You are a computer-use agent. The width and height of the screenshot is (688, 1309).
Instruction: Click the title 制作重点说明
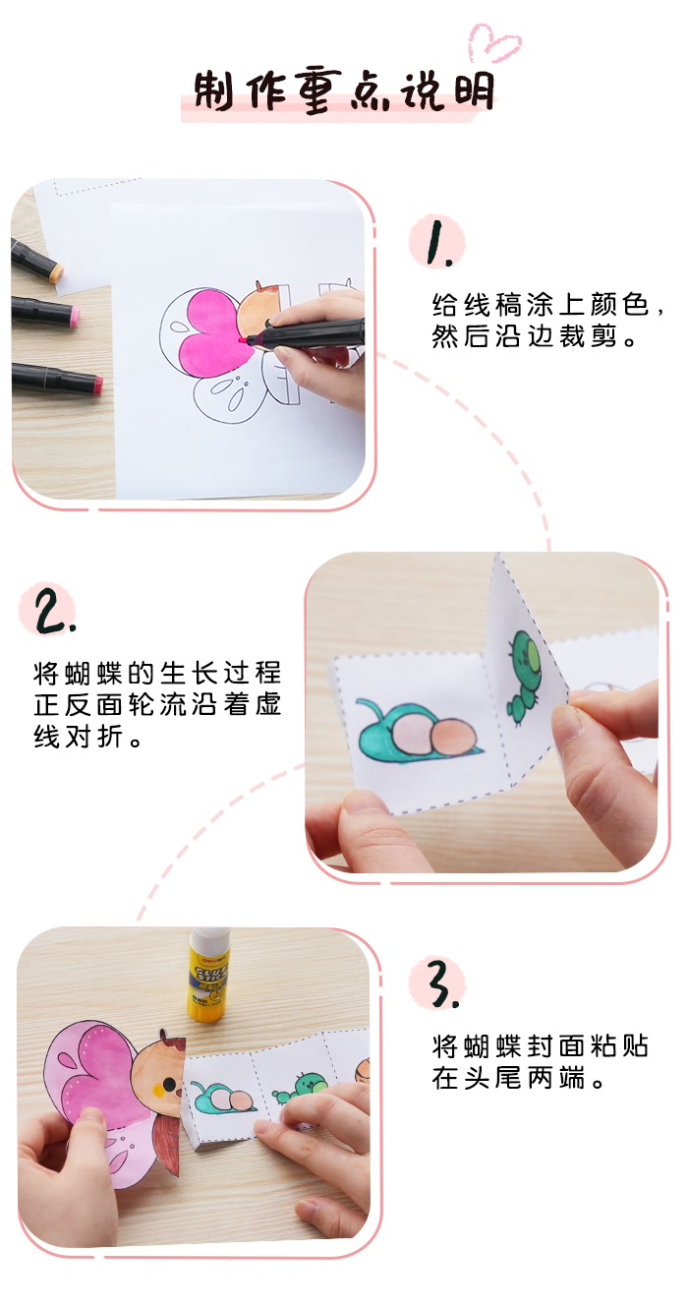point(344,93)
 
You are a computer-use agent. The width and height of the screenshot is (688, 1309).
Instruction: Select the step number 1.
point(433,244)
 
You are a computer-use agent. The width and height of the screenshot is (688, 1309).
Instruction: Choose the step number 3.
point(435,983)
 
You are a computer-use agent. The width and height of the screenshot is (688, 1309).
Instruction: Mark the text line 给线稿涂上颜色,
point(548,304)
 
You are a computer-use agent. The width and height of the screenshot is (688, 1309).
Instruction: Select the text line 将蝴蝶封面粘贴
point(541,1044)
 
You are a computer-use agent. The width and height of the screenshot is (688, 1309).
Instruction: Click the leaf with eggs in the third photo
point(225,1098)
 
